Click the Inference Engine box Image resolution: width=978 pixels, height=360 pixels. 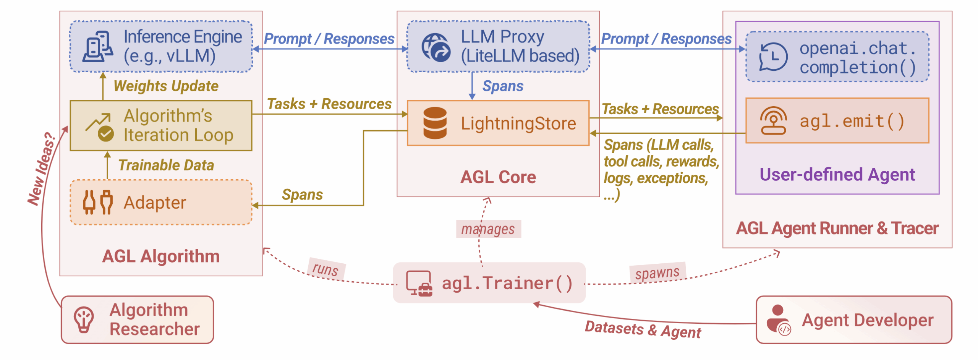[x=161, y=46]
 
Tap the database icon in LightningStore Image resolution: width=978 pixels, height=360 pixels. [x=435, y=123]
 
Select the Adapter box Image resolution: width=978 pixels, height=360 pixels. [x=161, y=202]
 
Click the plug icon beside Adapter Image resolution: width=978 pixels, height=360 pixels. [x=97, y=202]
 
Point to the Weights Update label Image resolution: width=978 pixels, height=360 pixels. [x=166, y=86]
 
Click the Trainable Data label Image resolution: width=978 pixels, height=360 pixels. [x=166, y=165]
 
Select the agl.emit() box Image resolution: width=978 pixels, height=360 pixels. [x=837, y=121]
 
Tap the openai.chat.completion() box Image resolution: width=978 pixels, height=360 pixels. [x=837, y=57]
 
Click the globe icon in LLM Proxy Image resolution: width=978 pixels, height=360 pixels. [x=436, y=47]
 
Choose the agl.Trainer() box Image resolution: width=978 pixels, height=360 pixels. [x=489, y=283]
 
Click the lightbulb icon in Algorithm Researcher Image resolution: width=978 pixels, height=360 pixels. [x=84, y=319]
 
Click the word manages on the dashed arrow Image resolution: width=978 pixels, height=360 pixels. [x=488, y=229]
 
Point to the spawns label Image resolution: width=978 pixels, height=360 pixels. [x=657, y=273]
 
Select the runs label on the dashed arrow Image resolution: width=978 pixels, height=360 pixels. [x=325, y=269]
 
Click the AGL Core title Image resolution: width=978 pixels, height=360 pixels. [x=498, y=177]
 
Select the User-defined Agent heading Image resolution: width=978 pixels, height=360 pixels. [x=837, y=175]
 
